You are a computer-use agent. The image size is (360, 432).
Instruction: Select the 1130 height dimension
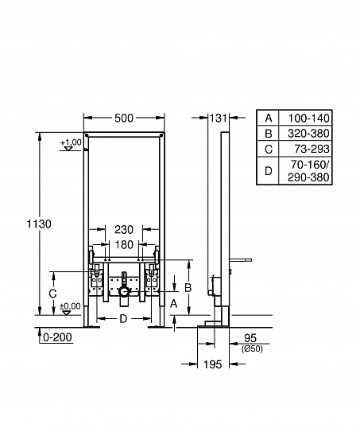[17, 224]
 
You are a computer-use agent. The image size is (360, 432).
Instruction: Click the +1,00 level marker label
[71, 142]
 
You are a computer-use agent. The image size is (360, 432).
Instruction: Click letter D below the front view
[123, 319]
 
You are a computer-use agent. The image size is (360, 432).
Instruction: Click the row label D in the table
[268, 170]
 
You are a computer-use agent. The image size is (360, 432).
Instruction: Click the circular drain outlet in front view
[123, 293]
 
